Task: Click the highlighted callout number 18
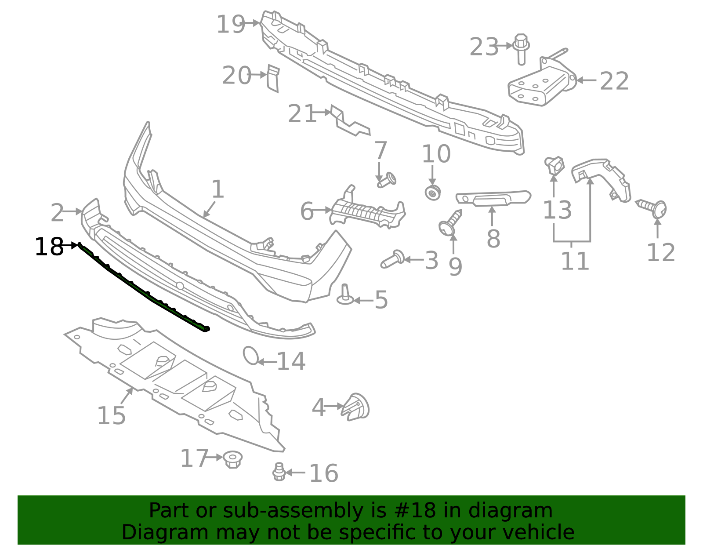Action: tap(49, 247)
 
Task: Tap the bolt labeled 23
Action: tap(521, 49)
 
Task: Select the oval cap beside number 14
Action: tap(251, 355)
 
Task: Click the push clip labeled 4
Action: tap(355, 407)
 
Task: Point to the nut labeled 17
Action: tap(232, 459)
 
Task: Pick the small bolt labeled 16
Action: tap(279, 472)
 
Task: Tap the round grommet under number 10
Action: tap(432, 193)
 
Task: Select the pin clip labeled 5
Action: tap(345, 294)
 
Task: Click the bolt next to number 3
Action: tap(392, 259)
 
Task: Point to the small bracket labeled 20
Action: tap(273, 78)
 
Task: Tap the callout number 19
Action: tap(230, 24)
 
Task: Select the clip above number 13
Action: tap(554, 166)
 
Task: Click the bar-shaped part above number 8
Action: tap(493, 198)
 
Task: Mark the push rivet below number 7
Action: tap(387, 180)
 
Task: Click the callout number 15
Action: tap(111, 416)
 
